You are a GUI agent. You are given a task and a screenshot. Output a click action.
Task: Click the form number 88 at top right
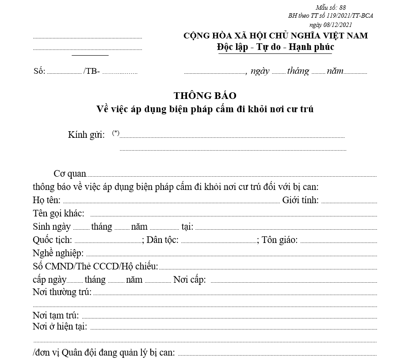pos(343,8)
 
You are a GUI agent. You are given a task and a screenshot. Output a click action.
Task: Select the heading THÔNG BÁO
pos(205,95)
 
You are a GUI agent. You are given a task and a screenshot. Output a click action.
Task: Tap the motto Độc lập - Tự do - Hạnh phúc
pos(275,47)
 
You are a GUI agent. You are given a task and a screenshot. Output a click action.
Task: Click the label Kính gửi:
pos(86,135)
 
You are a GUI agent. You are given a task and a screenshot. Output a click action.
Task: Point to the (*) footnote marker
pos(116,133)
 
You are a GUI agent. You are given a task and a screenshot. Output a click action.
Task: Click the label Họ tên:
pos(46,200)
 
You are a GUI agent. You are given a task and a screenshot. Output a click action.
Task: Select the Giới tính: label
pos(300,200)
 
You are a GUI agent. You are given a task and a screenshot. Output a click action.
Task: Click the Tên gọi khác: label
pos(58,213)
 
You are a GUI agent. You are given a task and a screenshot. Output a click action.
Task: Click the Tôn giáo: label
pos(279,240)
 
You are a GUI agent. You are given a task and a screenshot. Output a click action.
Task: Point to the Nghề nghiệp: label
pos(58,253)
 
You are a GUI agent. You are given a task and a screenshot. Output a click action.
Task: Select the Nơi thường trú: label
pos(62,292)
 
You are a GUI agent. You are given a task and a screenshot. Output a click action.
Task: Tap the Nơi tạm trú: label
pos(56,315)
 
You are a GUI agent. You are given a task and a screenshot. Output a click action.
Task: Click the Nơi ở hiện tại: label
pos(60,326)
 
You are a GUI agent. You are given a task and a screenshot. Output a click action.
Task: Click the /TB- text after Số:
pos(92,72)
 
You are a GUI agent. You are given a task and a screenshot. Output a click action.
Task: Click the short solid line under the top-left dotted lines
pos(90,55)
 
